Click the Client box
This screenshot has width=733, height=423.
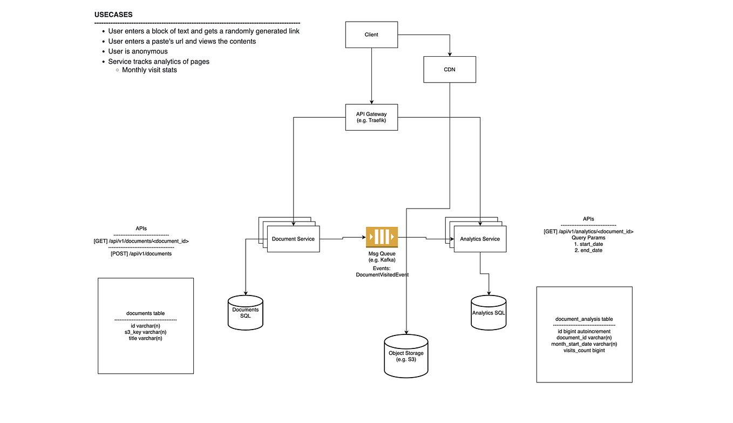pyautogui.click(x=371, y=35)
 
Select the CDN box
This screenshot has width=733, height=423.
pyautogui.click(x=449, y=69)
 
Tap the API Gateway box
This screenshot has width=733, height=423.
pyautogui.click(x=371, y=117)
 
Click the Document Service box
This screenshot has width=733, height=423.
pyautogui.click(x=293, y=239)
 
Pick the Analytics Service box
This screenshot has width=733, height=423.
pyautogui.click(x=480, y=239)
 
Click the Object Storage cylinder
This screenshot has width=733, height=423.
pyautogui.click(x=406, y=357)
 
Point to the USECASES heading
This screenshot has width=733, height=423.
pyautogui.click(x=113, y=15)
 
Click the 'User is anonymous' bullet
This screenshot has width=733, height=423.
pyautogui.click(x=138, y=51)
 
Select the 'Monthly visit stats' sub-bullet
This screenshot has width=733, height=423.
pyautogui.click(x=150, y=70)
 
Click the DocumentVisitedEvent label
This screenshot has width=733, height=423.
pyautogui.click(x=382, y=274)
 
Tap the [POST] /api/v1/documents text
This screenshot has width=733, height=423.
pyautogui.click(x=141, y=253)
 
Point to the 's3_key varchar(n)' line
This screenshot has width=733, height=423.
pyautogui.click(x=145, y=332)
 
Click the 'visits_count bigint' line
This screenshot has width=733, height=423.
pyautogui.click(x=584, y=350)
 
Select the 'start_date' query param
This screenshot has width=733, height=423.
pyautogui.click(x=588, y=244)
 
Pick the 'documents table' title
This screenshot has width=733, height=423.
pyautogui.click(x=145, y=313)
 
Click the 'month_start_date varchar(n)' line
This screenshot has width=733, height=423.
pyautogui.click(x=584, y=344)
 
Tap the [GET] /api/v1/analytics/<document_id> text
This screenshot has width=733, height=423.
pyautogui.click(x=588, y=231)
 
